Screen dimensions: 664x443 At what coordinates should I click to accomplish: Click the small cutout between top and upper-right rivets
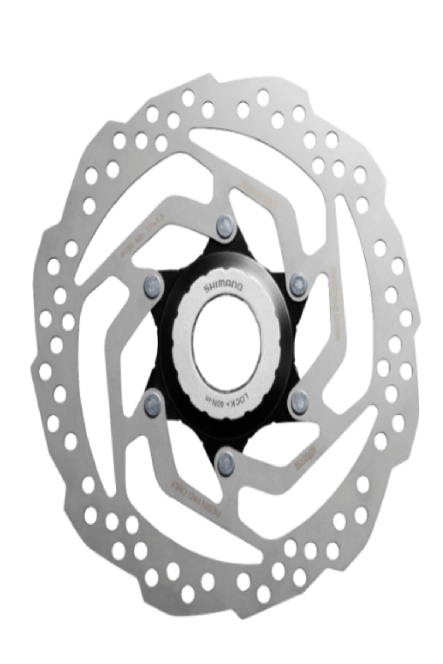point(258,236)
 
